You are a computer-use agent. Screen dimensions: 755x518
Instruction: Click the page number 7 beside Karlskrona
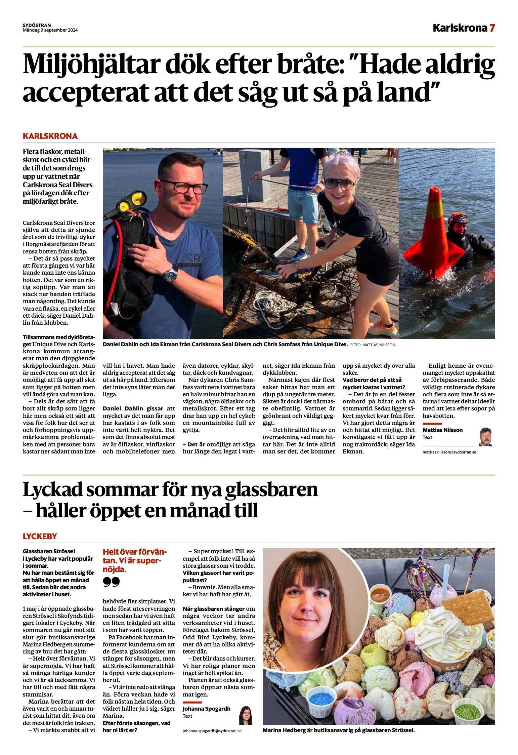[492, 28]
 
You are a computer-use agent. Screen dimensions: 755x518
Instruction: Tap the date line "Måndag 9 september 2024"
[50, 30]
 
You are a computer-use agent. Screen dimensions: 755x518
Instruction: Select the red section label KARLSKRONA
[50, 136]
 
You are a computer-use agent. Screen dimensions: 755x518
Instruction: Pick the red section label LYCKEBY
[40, 536]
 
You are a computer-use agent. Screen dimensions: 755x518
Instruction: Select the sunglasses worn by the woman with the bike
[340, 184]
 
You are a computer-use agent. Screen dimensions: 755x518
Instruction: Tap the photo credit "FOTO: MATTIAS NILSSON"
[373, 345]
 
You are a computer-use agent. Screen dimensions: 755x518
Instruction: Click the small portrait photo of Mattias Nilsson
[485, 437]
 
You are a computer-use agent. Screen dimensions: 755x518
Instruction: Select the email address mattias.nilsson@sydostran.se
[449, 452]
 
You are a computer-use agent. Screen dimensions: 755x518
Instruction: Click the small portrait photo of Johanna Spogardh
[245, 715]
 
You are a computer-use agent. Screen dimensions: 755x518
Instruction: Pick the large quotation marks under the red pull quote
[111, 582]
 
